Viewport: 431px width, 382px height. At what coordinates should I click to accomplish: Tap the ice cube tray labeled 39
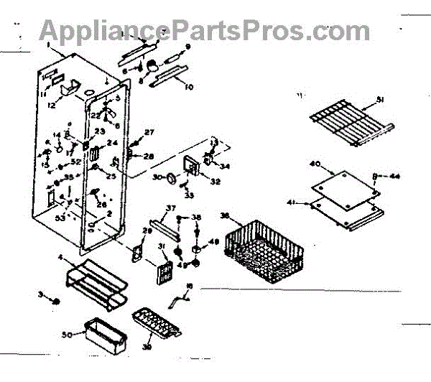tap(154, 323)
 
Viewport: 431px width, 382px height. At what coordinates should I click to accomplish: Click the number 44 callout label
tap(395, 175)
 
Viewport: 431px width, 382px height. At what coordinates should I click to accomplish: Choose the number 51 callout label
tap(381, 100)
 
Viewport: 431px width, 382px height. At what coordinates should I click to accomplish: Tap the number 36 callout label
tap(225, 215)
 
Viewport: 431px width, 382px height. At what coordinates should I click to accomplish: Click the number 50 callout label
tap(68, 335)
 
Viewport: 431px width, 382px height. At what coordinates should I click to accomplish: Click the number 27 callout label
tap(149, 132)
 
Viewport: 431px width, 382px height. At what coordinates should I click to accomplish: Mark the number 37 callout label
tap(171, 208)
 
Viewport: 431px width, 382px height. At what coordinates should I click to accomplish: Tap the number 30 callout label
tap(158, 177)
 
